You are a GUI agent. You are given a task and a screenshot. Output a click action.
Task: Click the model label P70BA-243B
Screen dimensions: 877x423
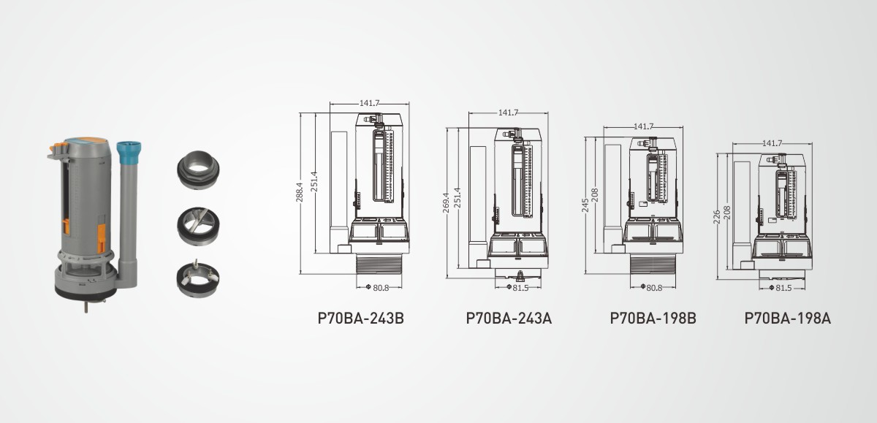point(360,318)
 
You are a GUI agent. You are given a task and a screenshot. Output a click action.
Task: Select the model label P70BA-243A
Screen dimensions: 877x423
point(509,318)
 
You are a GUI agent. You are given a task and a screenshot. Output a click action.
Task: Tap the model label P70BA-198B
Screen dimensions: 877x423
point(653,318)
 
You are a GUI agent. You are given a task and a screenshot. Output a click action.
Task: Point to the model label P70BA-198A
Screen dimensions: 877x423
point(788,318)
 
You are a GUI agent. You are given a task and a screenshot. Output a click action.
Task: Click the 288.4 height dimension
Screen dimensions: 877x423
point(300,192)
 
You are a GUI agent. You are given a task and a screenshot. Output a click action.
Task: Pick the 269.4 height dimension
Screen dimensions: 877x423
point(446,202)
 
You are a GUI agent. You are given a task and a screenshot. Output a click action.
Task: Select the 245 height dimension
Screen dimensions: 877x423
point(585,205)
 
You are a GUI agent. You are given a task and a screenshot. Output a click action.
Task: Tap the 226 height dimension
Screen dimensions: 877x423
point(716,217)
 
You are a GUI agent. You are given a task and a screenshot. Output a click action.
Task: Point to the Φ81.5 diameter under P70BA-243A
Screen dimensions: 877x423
point(517,288)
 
